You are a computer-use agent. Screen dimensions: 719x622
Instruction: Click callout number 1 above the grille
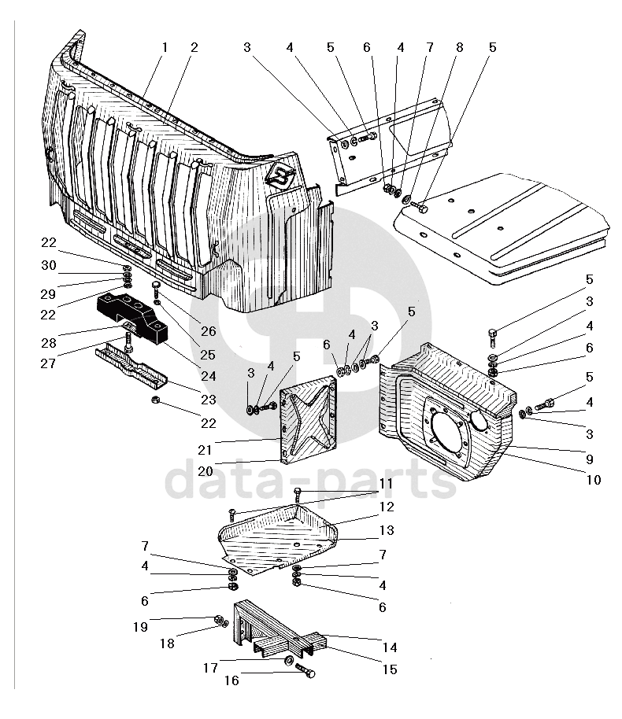click(x=165, y=47)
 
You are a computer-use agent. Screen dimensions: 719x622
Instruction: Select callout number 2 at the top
click(x=194, y=47)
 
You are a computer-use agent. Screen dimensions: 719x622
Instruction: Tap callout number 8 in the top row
click(x=460, y=47)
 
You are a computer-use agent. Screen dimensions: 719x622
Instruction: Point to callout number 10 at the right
click(x=594, y=479)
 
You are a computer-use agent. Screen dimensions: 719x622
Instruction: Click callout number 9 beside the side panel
click(x=590, y=458)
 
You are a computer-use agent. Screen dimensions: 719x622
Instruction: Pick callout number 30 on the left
click(x=50, y=266)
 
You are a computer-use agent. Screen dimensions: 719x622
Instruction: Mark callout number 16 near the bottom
click(x=231, y=680)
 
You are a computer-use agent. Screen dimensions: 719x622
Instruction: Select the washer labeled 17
click(x=290, y=661)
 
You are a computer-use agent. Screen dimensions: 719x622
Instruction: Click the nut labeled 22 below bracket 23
click(x=155, y=401)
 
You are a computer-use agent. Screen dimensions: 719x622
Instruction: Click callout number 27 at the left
click(x=50, y=363)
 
